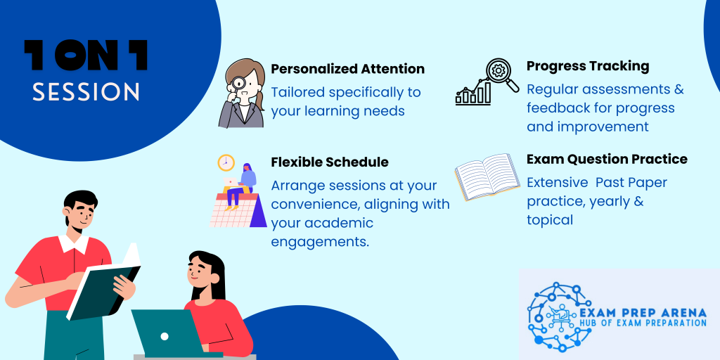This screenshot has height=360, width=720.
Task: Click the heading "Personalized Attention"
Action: (x=347, y=69)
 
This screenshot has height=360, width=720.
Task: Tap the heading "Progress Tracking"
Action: (x=588, y=66)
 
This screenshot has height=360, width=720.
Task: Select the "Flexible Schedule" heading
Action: (x=330, y=162)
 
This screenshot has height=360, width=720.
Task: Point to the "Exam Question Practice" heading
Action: (x=607, y=159)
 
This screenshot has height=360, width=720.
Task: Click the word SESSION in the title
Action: (x=86, y=92)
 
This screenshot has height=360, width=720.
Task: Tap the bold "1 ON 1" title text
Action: (x=86, y=56)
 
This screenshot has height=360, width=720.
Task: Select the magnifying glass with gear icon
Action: (x=501, y=74)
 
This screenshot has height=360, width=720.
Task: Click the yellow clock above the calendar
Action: (x=226, y=162)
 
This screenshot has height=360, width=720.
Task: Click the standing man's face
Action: (x=82, y=214)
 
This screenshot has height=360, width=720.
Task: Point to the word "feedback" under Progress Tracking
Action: (x=558, y=108)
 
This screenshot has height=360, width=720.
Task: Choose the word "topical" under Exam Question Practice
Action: (x=550, y=220)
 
